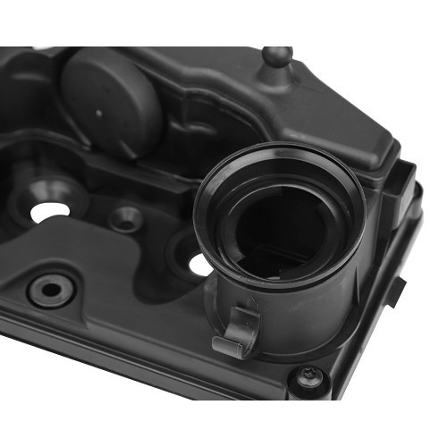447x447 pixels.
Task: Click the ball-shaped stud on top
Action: tap(275, 57)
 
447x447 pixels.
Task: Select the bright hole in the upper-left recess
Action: tap(49, 211)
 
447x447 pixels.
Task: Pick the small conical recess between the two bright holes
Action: tap(125, 218)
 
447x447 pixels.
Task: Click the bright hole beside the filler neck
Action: tap(199, 264)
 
